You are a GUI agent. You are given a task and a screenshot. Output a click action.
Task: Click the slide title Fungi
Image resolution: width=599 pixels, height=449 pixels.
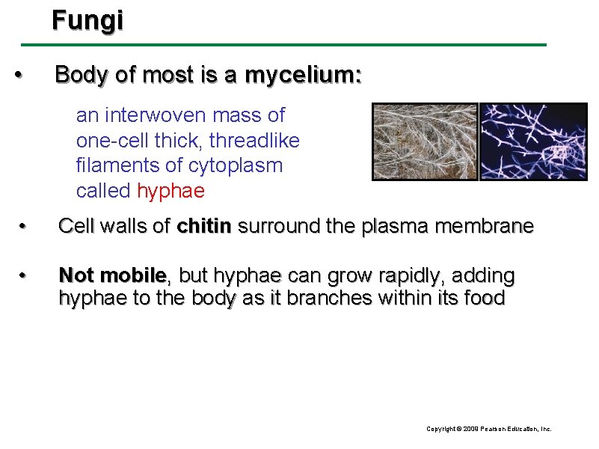(87, 20)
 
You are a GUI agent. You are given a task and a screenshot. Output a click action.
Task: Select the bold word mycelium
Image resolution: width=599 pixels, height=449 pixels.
(303, 75)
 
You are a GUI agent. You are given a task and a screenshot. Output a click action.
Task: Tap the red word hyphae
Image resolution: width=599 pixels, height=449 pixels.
(170, 191)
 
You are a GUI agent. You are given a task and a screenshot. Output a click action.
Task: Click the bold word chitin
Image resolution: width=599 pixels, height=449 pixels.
(204, 226)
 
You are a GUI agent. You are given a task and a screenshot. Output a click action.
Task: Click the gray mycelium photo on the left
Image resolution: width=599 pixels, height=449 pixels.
(425, 141)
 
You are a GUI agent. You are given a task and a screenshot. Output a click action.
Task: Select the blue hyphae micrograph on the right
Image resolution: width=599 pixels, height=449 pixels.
(532, 141)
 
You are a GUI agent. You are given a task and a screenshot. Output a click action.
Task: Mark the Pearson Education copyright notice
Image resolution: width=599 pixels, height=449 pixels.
(488, 429)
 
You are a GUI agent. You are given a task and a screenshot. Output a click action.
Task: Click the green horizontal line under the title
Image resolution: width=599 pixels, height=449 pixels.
(299, 45)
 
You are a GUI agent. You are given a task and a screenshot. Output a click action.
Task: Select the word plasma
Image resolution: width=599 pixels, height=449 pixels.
(395, 226)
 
